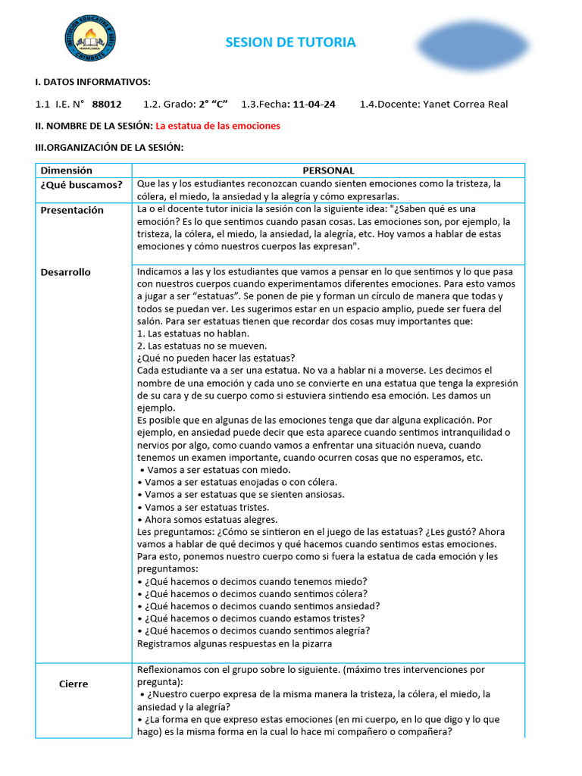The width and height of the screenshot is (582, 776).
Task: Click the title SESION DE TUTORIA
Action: [x=290, y=42]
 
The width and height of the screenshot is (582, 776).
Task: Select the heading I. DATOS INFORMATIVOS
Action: [x=93, y=82]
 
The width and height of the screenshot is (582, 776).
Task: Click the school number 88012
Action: [x=107, y=104]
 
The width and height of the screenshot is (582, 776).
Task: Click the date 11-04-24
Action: [x=314, y=104]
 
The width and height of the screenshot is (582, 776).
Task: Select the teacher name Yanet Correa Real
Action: [x=465, y=104]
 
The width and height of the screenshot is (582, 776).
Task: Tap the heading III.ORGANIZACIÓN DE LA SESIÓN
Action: [x=109, y=147]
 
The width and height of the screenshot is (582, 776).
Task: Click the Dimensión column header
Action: [x=67, y=171]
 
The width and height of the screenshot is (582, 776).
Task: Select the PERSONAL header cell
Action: [x=328, y=171]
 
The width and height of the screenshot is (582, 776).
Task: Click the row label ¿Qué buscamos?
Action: [x=82, y=185]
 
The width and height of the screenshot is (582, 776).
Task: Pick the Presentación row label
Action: [x=72, y=210]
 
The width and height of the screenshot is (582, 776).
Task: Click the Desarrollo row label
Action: [x=66, y=272]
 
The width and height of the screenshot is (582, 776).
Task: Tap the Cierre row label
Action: [x=74, y=684]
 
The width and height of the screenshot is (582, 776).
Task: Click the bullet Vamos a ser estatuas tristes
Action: [x=204, y=507]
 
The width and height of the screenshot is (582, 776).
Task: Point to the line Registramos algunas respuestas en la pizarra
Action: [x=235, y=643]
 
